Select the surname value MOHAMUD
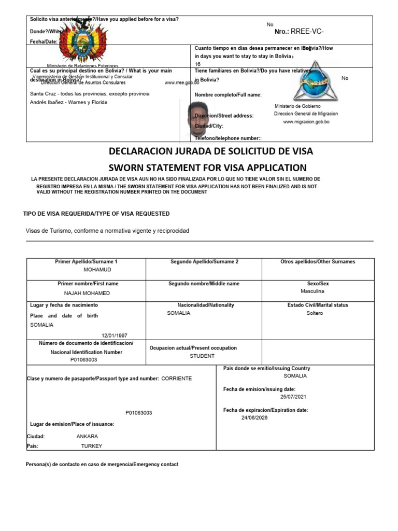pos(97,270)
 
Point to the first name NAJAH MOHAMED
pos(87,293)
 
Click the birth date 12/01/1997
pos(114,335)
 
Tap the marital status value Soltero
pos(315,313)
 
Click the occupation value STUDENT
pos(202,356)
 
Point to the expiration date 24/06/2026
pos(254,417)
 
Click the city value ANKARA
pos(87,436)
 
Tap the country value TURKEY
pos(92,446)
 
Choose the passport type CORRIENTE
pos(177,379)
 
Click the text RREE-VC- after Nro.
pos(307,32)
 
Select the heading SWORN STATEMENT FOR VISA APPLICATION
pos(207,167)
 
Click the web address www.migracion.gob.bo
pos(306,122)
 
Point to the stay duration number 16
pos(197,64)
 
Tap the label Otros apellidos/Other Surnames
pos(318,262)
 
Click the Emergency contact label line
pos(102,465)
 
